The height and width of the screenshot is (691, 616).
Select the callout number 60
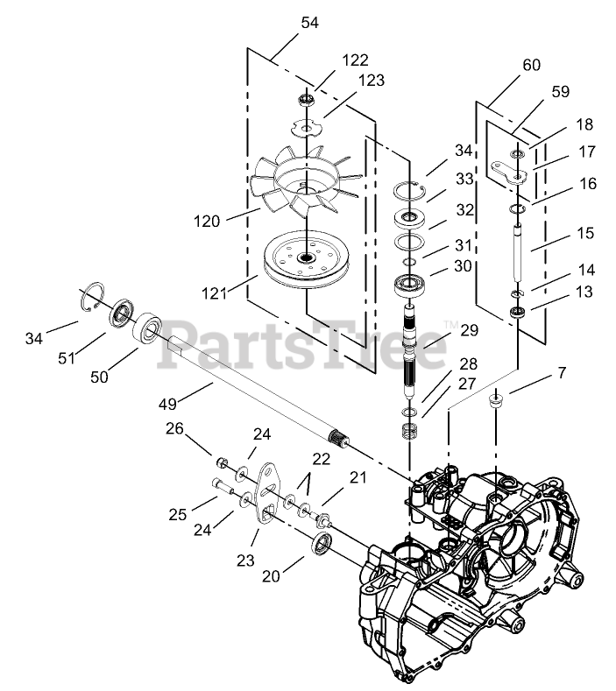point(531,65)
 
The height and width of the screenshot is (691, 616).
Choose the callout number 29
point(471,330)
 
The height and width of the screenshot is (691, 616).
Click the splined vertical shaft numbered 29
point(413,350)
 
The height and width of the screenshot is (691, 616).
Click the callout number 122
point(356,60)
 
